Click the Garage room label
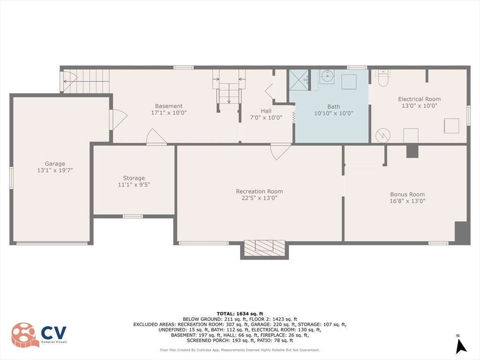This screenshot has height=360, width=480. (x=55, y=164)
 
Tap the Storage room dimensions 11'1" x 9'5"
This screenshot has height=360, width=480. (x=134, y=185)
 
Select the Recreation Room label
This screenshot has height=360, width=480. (x=259, y=191)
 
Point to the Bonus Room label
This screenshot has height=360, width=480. (x=407, y=195)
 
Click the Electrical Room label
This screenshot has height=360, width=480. (x=420, y=99)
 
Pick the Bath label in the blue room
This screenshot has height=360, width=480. (x=334, y=106)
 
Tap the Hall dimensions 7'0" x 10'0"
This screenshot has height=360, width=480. (x=266, y=118)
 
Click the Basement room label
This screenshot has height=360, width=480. (x=169, y=106)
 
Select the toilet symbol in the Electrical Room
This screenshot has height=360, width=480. (x=383, y=78)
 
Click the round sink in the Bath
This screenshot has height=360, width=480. (x=327, y=75)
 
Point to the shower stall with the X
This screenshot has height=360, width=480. (x=299, y=80)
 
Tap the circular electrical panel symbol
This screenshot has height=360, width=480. (x=383, y=135)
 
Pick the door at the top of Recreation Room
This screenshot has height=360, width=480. (x=280, y=151)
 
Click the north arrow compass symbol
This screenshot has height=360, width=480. (x=460, y=345)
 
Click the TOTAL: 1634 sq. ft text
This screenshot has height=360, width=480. (x=240, y=314)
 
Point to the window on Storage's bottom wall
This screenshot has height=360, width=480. (x=133, y=217)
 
